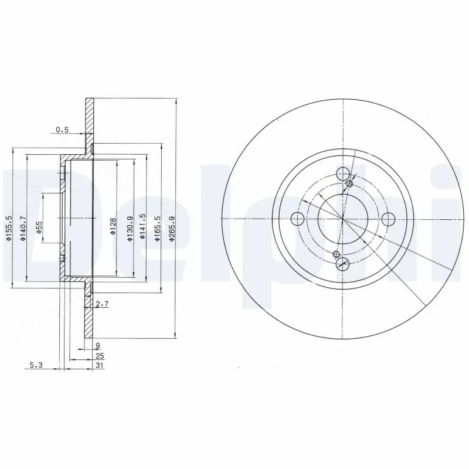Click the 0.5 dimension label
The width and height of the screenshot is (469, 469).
(x=62, y=130)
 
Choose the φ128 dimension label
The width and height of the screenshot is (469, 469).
(x=113, y=226)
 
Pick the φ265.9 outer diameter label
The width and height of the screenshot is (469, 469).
(x=171, y=225)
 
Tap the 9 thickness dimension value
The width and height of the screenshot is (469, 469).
(x=97, y=345)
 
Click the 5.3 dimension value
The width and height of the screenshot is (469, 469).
(x=36, y=365)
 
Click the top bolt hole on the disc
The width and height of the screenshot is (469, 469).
(x=344, y=174)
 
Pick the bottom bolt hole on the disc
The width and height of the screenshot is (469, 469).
(x=344, y=264)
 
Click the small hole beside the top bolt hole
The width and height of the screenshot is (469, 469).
(x=350, y=184)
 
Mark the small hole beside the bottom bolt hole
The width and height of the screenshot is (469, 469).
(x=336, y=254)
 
